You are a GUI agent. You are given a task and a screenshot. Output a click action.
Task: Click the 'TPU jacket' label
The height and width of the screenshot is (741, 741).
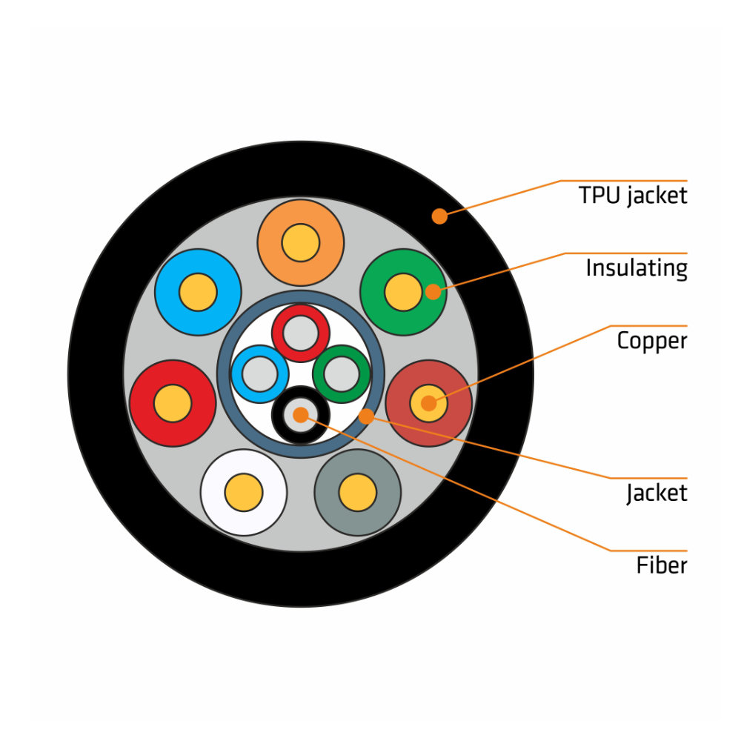click(633, 196)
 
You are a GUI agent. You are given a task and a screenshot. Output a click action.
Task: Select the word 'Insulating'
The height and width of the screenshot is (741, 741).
click(637, 268)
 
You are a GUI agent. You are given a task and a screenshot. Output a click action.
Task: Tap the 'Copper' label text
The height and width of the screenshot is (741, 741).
click(652, 341)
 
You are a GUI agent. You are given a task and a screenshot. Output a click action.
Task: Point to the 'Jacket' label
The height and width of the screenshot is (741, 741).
click(657, 493)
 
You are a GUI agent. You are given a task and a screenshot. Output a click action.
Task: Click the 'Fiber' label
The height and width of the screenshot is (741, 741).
click(662, 566)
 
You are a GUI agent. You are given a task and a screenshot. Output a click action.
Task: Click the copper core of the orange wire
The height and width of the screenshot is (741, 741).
click(301, 242)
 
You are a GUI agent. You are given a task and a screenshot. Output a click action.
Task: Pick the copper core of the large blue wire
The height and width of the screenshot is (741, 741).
click(198, 292)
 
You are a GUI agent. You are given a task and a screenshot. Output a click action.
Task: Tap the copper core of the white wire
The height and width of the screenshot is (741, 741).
click(244, 493)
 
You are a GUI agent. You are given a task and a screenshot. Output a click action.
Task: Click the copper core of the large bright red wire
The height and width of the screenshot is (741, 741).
click(173, 404)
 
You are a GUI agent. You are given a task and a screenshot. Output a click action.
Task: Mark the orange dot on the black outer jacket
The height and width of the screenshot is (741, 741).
click(439, 216)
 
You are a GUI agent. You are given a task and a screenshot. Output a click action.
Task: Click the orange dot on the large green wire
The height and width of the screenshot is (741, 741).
click(433, 292)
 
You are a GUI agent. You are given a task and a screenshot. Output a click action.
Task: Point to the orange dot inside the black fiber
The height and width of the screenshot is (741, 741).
click(300, 415)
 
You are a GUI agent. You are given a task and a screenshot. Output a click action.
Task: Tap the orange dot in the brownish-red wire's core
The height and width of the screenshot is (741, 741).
click(428, 404)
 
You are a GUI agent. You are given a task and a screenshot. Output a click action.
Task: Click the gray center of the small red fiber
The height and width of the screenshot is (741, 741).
click(301, 333)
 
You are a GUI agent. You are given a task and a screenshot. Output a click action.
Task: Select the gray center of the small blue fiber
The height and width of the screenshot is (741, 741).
click(260, 374)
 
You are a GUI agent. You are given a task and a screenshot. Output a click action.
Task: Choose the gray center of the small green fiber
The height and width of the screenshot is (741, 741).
click(342, 374)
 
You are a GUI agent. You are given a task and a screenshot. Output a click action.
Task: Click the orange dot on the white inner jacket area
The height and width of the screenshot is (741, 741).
click(365, 416)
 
